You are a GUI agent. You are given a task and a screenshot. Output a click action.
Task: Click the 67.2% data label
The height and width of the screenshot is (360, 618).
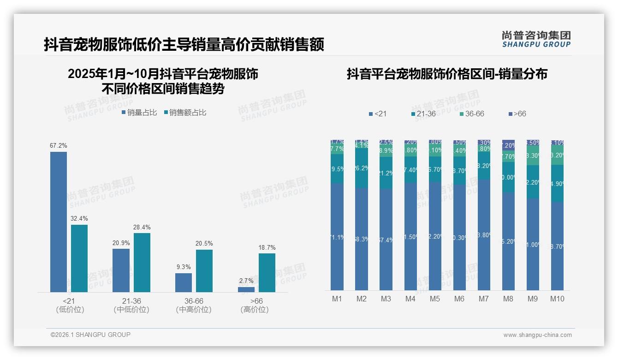(x=59, y=145)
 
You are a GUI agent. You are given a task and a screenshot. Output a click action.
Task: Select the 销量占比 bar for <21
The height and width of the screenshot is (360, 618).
(x=59, y=222)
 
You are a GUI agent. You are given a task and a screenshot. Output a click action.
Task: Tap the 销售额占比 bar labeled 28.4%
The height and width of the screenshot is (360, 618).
(x=142, y=262)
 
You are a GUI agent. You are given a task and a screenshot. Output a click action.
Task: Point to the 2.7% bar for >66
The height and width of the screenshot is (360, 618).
(x=246, y=289)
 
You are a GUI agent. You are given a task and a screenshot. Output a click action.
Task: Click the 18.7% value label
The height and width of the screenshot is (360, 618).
(x=267, y=248)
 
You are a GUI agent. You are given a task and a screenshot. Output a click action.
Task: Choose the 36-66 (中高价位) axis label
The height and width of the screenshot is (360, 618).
(x=194, y=305)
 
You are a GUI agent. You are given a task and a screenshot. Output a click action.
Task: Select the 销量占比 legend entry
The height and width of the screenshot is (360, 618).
(x=139, y=112)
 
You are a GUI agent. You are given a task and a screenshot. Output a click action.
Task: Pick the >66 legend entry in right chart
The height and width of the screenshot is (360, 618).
(x=517, y=114)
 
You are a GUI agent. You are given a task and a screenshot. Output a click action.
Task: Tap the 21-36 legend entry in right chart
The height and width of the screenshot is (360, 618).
(x=423, y=114)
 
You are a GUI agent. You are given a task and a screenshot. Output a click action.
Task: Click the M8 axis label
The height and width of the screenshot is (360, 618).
(x=508, y=299)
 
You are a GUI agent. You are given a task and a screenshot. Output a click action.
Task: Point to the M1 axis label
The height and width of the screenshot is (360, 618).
(x=337, y=299)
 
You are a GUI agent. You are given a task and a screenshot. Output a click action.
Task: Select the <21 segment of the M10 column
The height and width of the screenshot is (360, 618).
(x=557, y=246)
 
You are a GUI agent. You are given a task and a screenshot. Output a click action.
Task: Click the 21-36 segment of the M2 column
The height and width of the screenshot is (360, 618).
(x=362, y=168)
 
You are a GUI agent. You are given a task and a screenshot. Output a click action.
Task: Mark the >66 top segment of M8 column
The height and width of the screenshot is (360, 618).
(x=508, y=144)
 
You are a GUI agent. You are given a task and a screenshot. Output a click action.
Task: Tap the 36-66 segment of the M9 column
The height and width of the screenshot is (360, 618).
(x=533, y=156)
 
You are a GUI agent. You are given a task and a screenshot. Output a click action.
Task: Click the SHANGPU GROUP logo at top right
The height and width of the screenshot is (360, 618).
(x=536, y=39)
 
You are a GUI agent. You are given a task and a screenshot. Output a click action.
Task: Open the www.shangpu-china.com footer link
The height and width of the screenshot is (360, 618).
(x=537, y=335)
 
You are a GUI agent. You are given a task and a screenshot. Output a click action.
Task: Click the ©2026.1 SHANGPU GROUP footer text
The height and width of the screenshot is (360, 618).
(x=90, y=335)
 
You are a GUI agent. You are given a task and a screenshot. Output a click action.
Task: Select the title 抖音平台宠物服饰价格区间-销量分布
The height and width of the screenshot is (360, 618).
(x=447, y=74)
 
